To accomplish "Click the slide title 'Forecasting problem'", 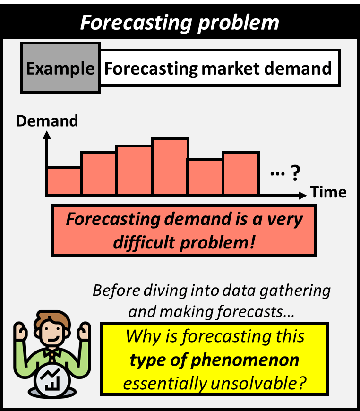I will (x=180, y=22).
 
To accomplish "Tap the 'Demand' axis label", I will (x=47, y=121).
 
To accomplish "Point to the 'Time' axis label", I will (x=328, y=192).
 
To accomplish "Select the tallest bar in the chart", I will (x=170, y=166).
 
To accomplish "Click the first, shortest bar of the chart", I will (x=64, y=180).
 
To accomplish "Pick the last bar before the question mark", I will (x=241, y=173).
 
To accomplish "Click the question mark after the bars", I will (x=295, y=174).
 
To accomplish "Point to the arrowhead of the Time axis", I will (x=302, y=194).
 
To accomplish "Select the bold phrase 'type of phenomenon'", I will (x=214, y=360).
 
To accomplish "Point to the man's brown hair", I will (x=52, y=319).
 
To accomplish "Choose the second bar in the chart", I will (x=99, y=173).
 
